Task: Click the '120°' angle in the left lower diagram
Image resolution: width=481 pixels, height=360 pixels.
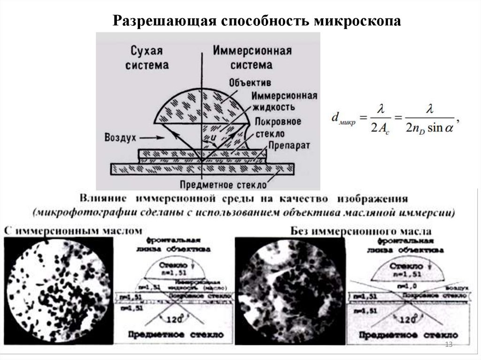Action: pyautogui.click(x=170, y=319)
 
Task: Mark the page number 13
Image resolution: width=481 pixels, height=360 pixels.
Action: pyautogui.click(x=448, y=345)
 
